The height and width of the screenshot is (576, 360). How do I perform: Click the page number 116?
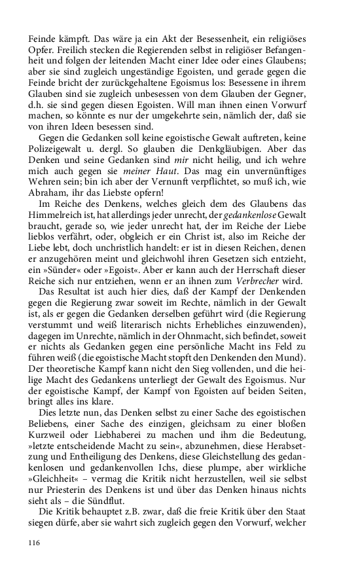click(x=35, y=543)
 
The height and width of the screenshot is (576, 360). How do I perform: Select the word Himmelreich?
click(x=56, y=225)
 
